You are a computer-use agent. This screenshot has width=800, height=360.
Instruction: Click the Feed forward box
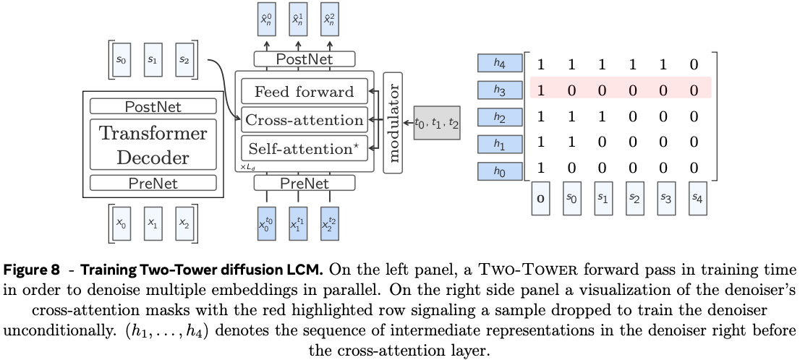[304, 92]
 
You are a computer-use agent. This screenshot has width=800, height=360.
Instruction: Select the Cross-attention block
[304, 120]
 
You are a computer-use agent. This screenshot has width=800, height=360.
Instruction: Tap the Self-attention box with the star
[304, 149]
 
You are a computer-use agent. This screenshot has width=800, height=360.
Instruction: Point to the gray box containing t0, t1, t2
[435, 122]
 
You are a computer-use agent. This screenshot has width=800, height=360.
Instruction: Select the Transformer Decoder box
[152, 145]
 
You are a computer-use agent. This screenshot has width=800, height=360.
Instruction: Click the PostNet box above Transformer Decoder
[153, 107]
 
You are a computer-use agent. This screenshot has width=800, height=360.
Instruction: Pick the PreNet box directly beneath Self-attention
[304, 184]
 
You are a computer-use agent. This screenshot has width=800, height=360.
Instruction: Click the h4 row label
[499, 64]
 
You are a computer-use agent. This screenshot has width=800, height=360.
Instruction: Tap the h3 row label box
[499, 90]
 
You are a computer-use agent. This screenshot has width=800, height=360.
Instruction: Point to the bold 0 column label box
[540, 198]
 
